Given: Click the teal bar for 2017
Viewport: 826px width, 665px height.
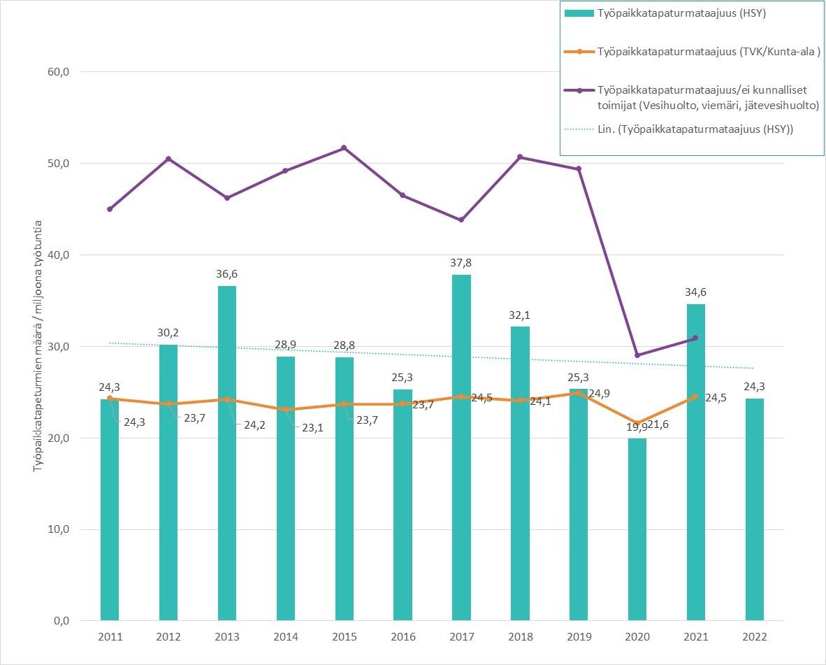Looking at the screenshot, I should [461, 448].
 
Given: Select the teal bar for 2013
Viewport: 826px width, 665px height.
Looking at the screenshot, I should [227, 453].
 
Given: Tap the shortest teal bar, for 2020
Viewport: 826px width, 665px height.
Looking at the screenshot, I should [637, 529].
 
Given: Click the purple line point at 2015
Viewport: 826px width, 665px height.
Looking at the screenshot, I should [344, 148].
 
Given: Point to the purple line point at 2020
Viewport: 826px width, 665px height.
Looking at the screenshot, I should [637, 355].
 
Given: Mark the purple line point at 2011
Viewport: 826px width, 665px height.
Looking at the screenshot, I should [110, 209].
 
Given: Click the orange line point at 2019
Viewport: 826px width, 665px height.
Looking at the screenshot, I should [579, 393].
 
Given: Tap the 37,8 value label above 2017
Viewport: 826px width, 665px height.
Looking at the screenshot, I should [461, 263].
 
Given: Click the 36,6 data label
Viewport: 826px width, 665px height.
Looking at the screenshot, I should [227, 274].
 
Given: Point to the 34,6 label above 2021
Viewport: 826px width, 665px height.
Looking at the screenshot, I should [696, 292].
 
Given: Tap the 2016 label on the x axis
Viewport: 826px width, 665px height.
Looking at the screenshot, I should [403, 637].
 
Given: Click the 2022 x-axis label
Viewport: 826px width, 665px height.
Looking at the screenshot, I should [755, 637].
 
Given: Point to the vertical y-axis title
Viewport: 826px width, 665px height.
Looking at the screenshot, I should [38, 346].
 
